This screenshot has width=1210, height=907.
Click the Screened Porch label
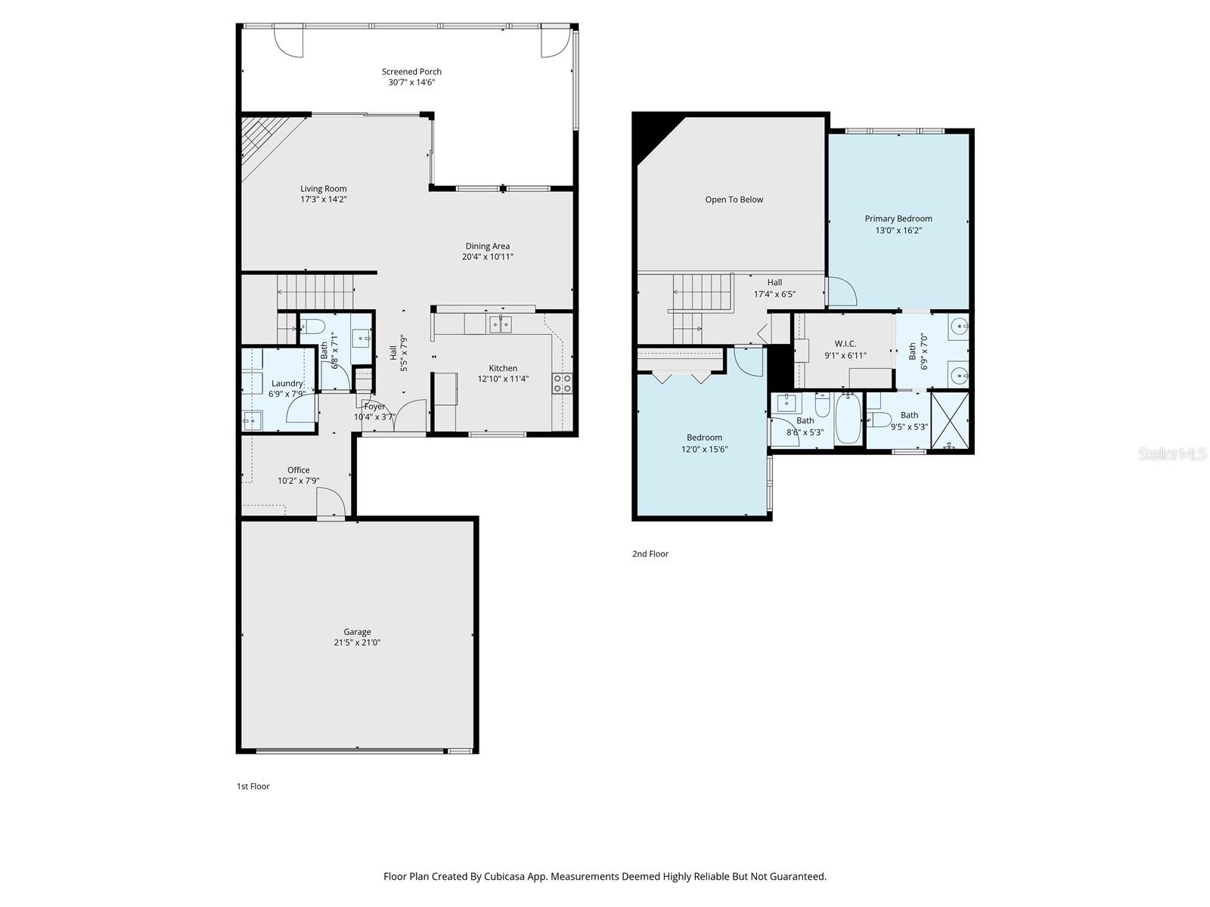coord(411,72)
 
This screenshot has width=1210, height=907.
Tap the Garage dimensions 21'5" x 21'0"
coord(357,643)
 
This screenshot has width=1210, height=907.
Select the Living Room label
coord(323,189)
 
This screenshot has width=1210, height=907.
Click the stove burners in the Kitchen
coord(562,383)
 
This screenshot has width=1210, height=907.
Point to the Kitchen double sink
coord(500,325)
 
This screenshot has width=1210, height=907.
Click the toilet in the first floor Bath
coord(312,327)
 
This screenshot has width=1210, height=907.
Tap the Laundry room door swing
coord(300,410)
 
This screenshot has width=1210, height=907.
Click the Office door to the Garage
coord(330,503)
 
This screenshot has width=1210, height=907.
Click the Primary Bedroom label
coord(898,219)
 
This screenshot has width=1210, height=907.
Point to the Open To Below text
coord(734,200)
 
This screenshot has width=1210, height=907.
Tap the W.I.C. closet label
coord(845,344)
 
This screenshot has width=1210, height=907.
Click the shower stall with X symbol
coord(951,420)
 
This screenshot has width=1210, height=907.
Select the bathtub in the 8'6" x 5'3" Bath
coord(848,419)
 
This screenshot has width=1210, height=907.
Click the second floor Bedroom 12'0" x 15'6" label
coord(704,438)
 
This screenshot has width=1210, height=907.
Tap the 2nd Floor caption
coord(650,554)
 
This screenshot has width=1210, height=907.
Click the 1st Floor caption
coord(253,787)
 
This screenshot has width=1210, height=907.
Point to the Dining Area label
coord(487,246)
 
